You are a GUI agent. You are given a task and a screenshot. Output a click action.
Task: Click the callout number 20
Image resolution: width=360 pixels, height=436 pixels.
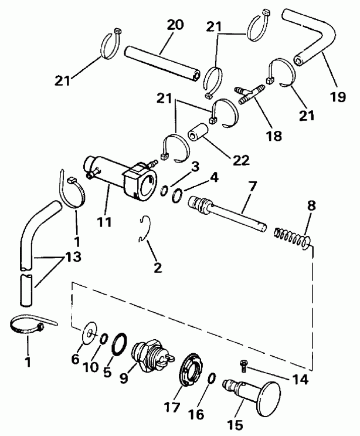175,25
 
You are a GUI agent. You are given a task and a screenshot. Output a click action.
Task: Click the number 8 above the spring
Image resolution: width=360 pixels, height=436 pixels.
311,207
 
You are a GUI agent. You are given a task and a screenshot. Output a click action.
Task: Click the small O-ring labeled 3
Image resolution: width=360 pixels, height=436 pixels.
167,190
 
